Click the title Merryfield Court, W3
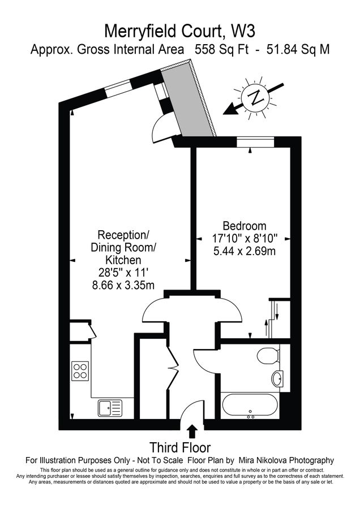pyautogui.click(x=180, y=29)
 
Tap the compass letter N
pyautogui.click(x=256, y=97)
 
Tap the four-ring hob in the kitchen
pyautogui.click(x=80, y=371)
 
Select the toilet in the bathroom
pyautogui.click(x=267, y=357)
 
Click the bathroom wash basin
pyautogui.click(x=277, y=379)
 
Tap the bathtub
pyautogui.click(x=250, y=406)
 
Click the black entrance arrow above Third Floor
pyautogui.click(x=192, y=432)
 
